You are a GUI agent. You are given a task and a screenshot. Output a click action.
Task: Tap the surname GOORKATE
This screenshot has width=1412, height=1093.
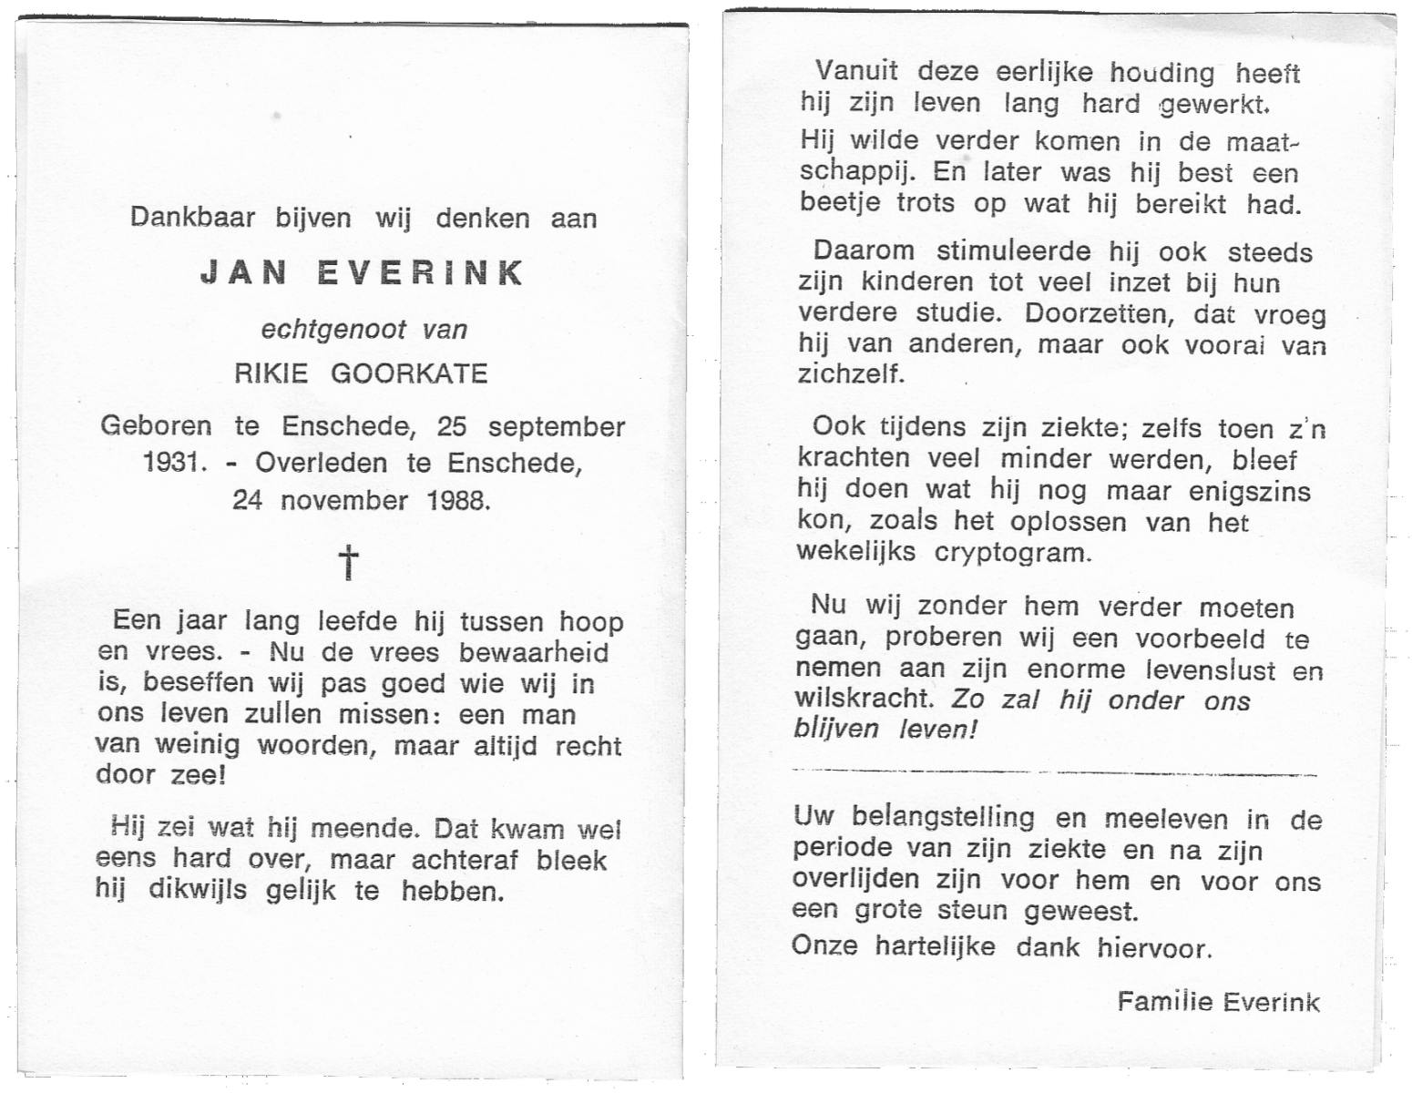(409, 374)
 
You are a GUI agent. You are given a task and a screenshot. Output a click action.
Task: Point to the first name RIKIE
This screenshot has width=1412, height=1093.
(272, 374)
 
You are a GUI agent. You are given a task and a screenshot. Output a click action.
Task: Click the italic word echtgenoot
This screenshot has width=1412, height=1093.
(333, 329)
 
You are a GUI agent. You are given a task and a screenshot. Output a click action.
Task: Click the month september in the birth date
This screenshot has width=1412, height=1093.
(557, 426)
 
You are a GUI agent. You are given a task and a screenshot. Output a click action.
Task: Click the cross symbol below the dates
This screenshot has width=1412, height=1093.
(349, 563)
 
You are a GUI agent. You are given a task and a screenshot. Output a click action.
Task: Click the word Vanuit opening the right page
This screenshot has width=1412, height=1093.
(855, 71)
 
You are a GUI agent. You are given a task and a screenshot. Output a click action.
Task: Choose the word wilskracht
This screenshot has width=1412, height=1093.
(864, 700)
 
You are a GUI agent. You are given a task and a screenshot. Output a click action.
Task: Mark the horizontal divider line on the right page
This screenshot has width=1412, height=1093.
(1054, 773)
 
